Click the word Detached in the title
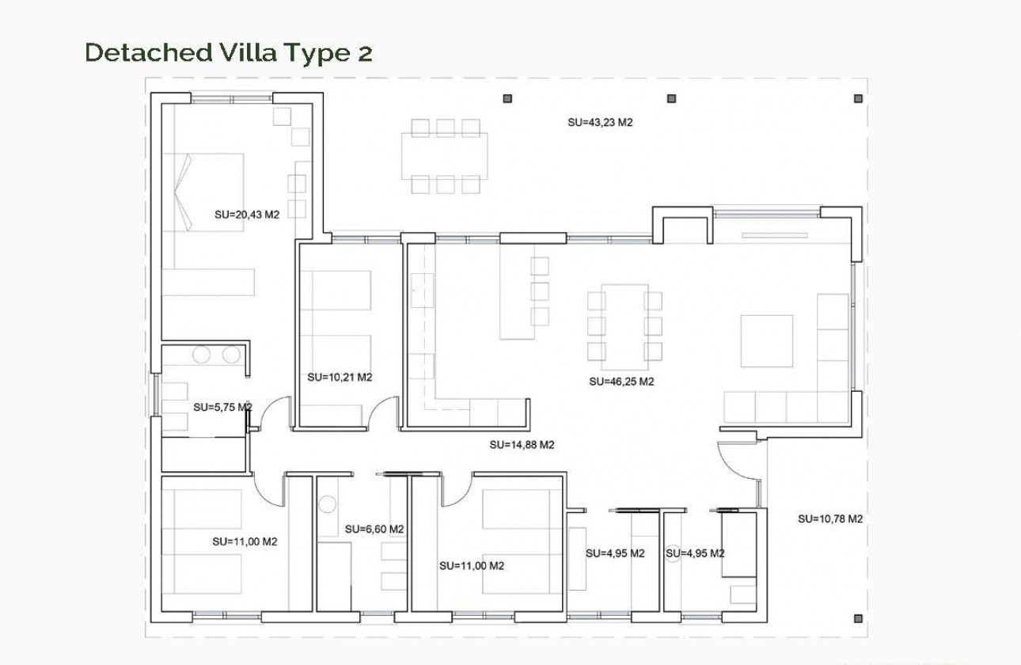pyautogui.click(x=143, y=53)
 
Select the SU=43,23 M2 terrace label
pyautogui.click(x=601, y=123)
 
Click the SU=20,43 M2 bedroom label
pyautogui.click(x=247, y=214)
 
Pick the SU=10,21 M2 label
pyautogui.click(x=340, y=378)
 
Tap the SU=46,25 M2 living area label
pyautogui.click(x=621, y=382)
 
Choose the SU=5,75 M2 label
pyautogui.click(x=222, y=408)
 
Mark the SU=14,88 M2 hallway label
pyautogui.click(x=522, y=445)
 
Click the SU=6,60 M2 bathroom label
pyautogui.click(x=374, y=530)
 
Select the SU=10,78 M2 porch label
pyautogui.click(x=829, y=519)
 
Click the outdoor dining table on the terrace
pyautogui.click(x=444, y=156)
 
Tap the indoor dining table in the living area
pyautogui.click(x=624, y=325)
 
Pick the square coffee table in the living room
pyautogui.click(x=766, y=341)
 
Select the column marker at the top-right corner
pyautogui.click(x=858, y=99)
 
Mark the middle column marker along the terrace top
pyautogui.click(x=671, y=99)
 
